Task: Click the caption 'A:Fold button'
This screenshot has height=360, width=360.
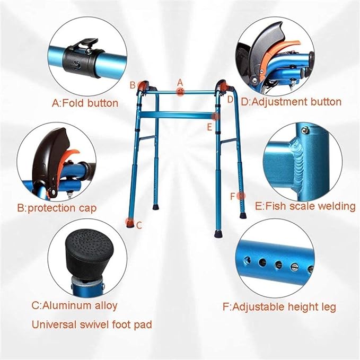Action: coord(85,103)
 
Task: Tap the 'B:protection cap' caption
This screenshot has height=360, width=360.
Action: coord(57,208)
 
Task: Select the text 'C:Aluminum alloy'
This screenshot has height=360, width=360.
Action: coord(74,305)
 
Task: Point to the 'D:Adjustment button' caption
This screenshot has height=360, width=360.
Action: coord(291,102)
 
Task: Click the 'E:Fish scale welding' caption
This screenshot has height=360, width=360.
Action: coord(305,206)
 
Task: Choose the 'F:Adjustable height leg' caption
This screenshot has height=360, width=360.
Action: coord(279,307)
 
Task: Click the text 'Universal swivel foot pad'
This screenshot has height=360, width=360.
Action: coord(92,325)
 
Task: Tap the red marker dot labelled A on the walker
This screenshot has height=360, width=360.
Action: coord(180,91)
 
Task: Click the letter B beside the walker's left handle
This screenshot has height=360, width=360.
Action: coord(133,85)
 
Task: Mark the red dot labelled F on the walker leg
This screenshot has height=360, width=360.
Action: coord(241,196)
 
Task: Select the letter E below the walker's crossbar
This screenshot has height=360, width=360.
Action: coord(209,127)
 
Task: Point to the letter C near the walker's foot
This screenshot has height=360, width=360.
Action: coord(139,225)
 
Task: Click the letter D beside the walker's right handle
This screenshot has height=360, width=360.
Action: coord(230,100)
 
